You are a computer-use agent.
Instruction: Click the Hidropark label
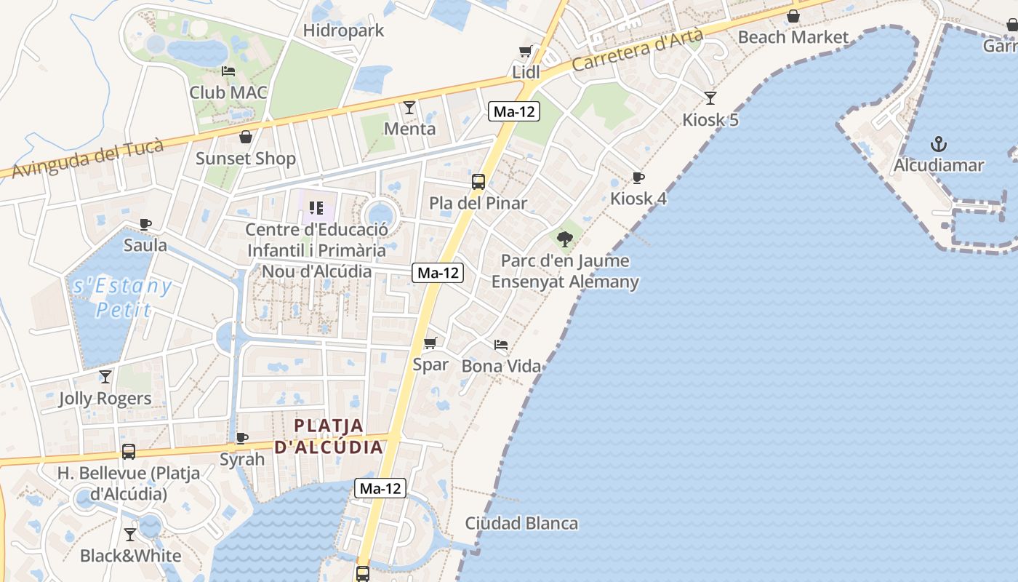(343, 31)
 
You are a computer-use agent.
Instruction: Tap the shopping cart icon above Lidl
(526, 51)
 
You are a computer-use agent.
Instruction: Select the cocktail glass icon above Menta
(409, 108)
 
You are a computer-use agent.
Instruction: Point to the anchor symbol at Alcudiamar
(938, 143)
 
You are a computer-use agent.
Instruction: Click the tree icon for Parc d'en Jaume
(564, 239)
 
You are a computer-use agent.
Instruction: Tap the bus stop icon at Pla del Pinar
(478, 182)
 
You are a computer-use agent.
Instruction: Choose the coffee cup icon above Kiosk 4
(638, 178)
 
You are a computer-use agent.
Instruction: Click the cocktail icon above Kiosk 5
(710, 97)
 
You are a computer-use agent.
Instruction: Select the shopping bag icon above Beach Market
(793, 15)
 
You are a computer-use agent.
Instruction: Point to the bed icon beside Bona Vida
(501, 344)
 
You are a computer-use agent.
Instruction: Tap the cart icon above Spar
(430, 343)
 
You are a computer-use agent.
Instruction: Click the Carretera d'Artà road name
(638, 49)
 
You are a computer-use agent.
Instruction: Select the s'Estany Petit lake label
(122, 298)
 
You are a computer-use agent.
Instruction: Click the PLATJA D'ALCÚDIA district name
(329, 436)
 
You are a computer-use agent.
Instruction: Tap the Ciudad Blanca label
(521, 523)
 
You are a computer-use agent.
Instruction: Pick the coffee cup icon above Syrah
(242, 438)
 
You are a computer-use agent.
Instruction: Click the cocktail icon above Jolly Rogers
(105, 376)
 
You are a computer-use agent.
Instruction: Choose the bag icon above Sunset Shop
(246, 137)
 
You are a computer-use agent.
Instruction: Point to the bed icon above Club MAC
(228, 71)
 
